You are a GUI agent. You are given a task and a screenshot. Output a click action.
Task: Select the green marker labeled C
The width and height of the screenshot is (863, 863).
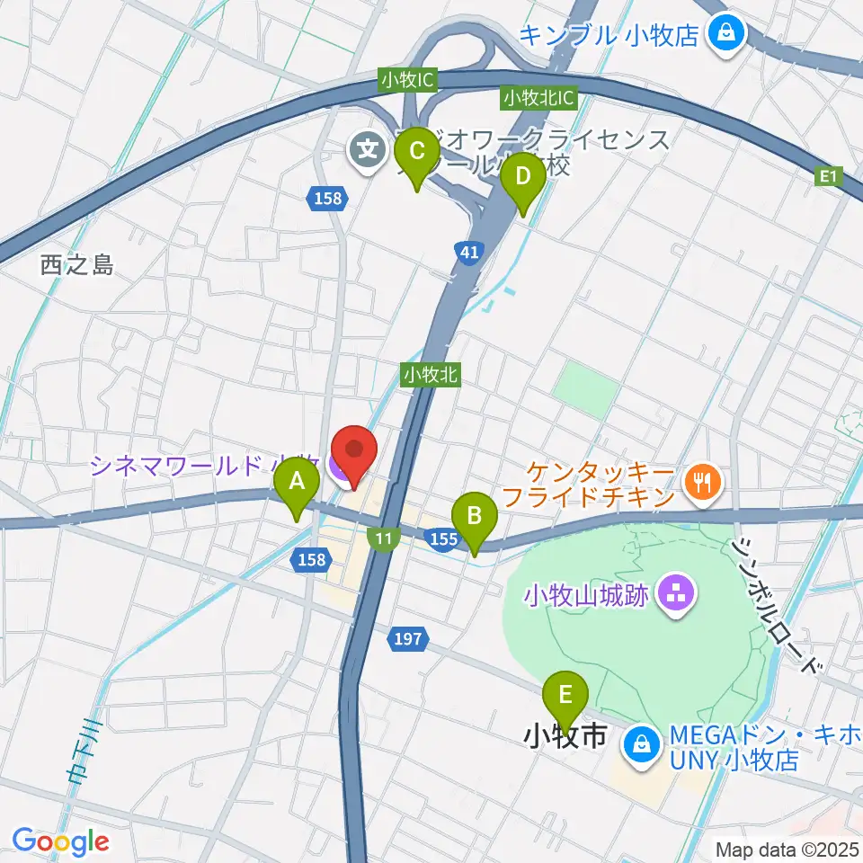tap(417, 156)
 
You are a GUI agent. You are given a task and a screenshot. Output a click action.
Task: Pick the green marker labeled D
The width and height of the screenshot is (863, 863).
tap(523, 182)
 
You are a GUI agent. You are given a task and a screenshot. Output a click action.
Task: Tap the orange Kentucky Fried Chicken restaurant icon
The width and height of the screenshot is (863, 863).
tap(701, 482)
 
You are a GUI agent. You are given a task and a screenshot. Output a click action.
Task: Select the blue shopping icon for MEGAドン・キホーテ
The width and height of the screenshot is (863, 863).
tap(643, 744)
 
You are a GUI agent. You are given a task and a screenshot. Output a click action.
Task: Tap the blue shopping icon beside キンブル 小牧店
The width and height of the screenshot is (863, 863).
tap(725, 34)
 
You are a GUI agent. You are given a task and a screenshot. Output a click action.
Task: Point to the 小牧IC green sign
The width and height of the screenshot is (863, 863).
tap(407, 80)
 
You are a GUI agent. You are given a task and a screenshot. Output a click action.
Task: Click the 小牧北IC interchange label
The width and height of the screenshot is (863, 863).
tap(539, 96)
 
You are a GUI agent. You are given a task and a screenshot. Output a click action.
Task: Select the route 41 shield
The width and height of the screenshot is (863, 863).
tap(468, 254)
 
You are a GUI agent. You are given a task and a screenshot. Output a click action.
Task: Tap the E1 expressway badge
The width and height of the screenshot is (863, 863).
tap(828, 178)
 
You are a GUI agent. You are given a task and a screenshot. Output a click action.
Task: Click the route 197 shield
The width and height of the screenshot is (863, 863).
tap(407, 639)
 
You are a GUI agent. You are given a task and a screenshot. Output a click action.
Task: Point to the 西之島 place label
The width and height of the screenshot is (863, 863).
tap(77, 265)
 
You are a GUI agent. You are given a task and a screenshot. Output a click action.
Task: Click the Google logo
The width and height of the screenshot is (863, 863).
tap(59, 841)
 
